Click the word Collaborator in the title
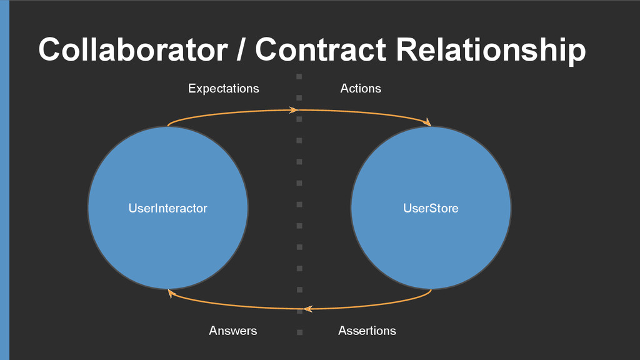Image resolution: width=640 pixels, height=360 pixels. pos(132,49)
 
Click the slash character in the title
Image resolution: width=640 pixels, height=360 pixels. pos(241,49)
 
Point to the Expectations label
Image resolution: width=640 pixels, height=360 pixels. pos(223,89)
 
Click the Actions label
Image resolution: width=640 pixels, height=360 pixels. pos(361,89)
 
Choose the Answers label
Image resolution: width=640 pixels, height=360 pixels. pos(232,331)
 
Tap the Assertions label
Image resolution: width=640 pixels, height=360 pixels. pos(367,331)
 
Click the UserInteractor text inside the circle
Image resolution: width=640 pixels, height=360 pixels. pos(167,208)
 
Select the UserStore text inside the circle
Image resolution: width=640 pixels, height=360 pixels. pos(431,208)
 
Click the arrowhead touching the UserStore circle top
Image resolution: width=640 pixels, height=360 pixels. pos(427,123)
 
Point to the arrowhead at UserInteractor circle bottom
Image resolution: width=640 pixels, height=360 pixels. pos(171,292)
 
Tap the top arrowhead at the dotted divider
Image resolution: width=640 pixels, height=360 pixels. pos(293,110)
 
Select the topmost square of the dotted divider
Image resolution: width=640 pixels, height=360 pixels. pos(299,76)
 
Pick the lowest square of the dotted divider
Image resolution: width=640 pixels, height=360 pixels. pos(299,332)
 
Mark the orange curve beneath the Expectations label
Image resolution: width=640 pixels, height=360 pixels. pos(225,112)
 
